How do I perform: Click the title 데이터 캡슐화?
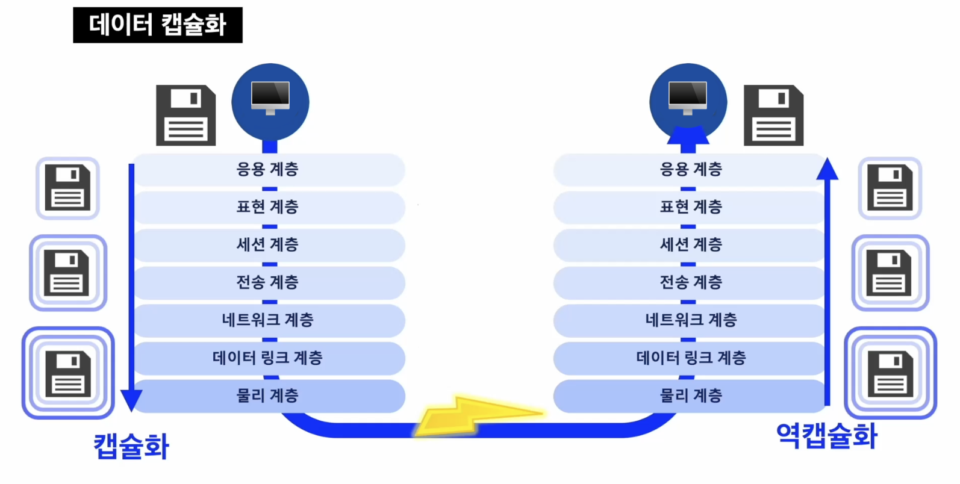pyautogui.click(x=157, y=25)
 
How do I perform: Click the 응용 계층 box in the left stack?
pyautogui.click(x=268, y=169)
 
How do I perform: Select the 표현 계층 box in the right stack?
pyautogui.click(x=691, y=207)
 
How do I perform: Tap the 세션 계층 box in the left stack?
pyautogui.click(x=268, y=245)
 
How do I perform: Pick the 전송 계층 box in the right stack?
pyautogui.click(x=691, y=282)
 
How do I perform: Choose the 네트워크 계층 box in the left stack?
pyautogui.click(x=268, y=320)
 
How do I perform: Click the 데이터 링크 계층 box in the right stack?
pyautogui.click(x=691, y=358)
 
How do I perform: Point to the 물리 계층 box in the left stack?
pyautogui.click(x=268, y=396)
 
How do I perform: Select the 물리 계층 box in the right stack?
pyautogui.click(x=691, y=396)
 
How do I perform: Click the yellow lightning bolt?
pyautogui.click(x=476, y=415)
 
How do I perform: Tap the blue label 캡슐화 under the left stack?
pyautogui.click(x=131, y=447)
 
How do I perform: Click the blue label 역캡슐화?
pyautogui.click(x=826, y=435)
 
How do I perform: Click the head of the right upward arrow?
pyautogui.click(x=827, y=169)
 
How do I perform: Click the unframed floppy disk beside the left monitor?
pyautogui.click(x=185, y=115)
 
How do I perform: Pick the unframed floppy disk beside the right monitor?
pyautogui.click(x=773, y=115)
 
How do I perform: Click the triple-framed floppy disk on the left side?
pyautogui.click(x=68, y=373)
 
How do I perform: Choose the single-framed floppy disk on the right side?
pyautogui.click(x=890, y=188)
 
